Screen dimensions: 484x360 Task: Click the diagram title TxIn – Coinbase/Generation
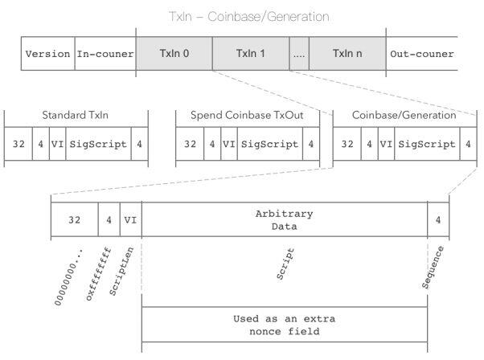tap(249, 17)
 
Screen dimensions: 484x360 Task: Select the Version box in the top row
tap(48, 53)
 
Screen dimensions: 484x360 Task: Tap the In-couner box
tap(105, 53)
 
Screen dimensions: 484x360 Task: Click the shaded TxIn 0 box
tap(174, 53)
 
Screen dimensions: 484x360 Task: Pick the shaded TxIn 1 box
tap(251, 53)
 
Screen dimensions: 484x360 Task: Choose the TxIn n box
tap(347, 53)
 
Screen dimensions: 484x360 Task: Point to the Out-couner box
tap(421, 53)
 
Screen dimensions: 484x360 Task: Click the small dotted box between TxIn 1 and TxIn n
tap(299, 53)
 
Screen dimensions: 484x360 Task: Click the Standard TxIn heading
tap(76, 115)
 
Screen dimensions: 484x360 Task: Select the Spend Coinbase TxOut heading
tap(247, 115)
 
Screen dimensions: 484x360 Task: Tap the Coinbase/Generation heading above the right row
tap(404, 115)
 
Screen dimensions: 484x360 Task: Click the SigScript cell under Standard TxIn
tap(98, 144)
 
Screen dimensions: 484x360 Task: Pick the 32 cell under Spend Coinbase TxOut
tap(190, 144)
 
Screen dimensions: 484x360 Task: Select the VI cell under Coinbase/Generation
tap(386, 144)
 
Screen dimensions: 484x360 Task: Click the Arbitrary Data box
tap(285, 219)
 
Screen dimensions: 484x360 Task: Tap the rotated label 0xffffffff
tap(98, 273)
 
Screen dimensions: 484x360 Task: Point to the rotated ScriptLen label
tap(121, 271)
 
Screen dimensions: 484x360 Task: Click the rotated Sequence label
tap(433, 267)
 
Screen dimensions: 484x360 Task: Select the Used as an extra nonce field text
tap(285, 325)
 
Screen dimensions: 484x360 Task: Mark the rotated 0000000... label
tap(68, 276)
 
